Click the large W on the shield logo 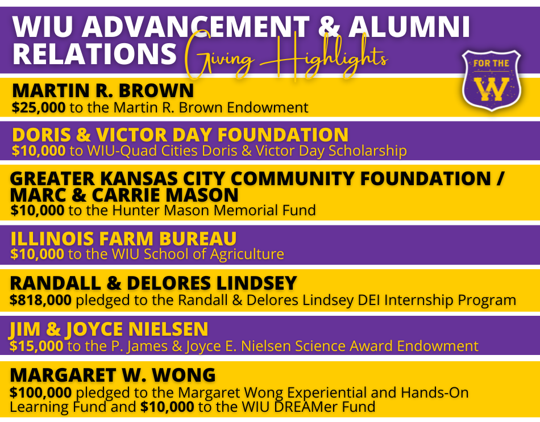491,89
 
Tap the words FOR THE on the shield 491,64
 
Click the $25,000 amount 39,107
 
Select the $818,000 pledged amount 40,300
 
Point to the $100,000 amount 40,392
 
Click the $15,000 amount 36,346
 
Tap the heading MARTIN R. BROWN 103,90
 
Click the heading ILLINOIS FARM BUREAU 124,239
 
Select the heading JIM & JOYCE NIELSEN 109,329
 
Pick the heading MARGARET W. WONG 113,375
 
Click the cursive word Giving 220,57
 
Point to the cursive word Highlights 324,55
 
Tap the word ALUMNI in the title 409,27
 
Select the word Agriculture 247,254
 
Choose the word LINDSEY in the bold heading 256,283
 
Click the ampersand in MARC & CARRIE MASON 79,195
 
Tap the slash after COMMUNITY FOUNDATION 500,179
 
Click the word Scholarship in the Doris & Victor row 367,151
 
